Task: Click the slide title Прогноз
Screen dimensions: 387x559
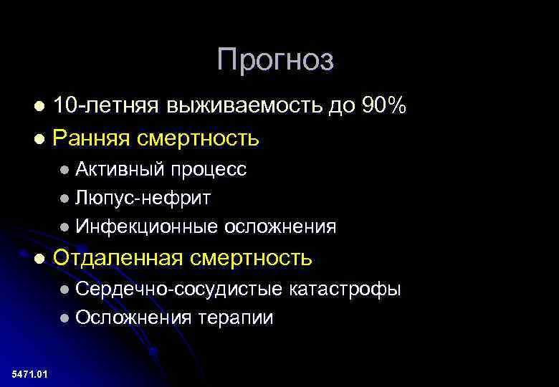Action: [x=275, y=60]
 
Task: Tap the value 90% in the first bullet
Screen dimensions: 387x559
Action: [x=384, y=107]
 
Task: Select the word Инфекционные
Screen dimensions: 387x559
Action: [x=147, y=226]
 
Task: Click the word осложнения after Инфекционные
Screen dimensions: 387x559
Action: [x=280, y=226]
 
